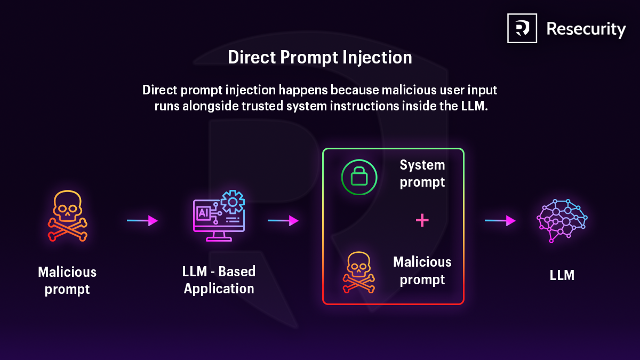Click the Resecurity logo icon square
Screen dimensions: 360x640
(522, 28)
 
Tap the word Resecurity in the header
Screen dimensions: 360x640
(586, 29)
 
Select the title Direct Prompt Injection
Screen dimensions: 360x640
(320, 58)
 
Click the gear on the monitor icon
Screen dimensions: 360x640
(232, 202)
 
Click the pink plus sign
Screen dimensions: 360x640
(422, 220)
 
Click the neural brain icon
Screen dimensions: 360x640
(562, 220)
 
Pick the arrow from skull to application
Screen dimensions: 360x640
(142, 220)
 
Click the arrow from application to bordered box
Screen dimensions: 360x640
(283, 220)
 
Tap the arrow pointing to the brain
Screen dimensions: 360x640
(500, 220)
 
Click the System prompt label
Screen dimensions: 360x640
(422, 173)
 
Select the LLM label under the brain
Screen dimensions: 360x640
(562, 276)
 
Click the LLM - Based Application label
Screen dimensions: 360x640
(219, 280)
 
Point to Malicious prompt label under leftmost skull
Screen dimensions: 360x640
(67, 281)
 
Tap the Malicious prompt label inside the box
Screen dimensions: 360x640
(422, 271)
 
